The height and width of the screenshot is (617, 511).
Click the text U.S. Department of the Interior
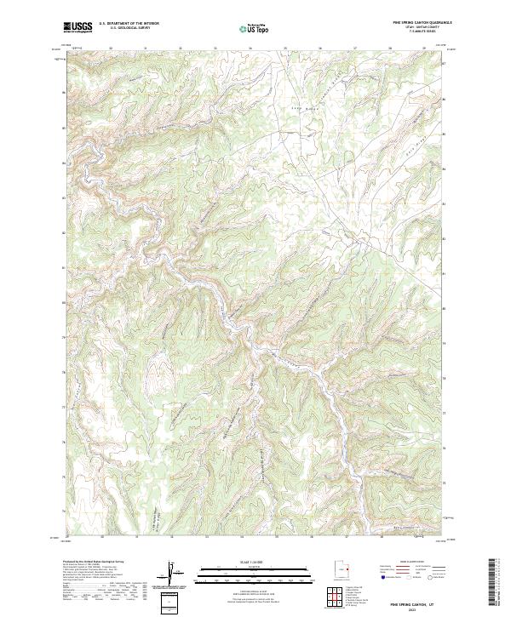coord(128,23)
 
